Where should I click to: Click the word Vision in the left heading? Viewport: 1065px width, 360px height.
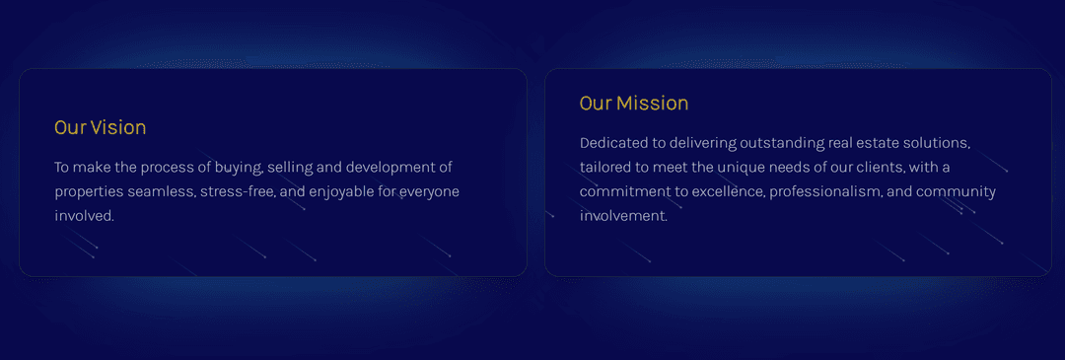pos(118,127)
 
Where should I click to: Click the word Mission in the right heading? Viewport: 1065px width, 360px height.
pos(652,104)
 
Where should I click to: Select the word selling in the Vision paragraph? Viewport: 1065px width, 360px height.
pos(290,167)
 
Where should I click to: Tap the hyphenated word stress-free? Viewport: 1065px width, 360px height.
pos(237,191)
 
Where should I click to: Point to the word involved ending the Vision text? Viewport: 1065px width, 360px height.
pos(85,216)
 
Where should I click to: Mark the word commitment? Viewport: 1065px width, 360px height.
pos(625,191)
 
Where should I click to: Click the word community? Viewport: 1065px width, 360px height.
pos(957,191)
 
